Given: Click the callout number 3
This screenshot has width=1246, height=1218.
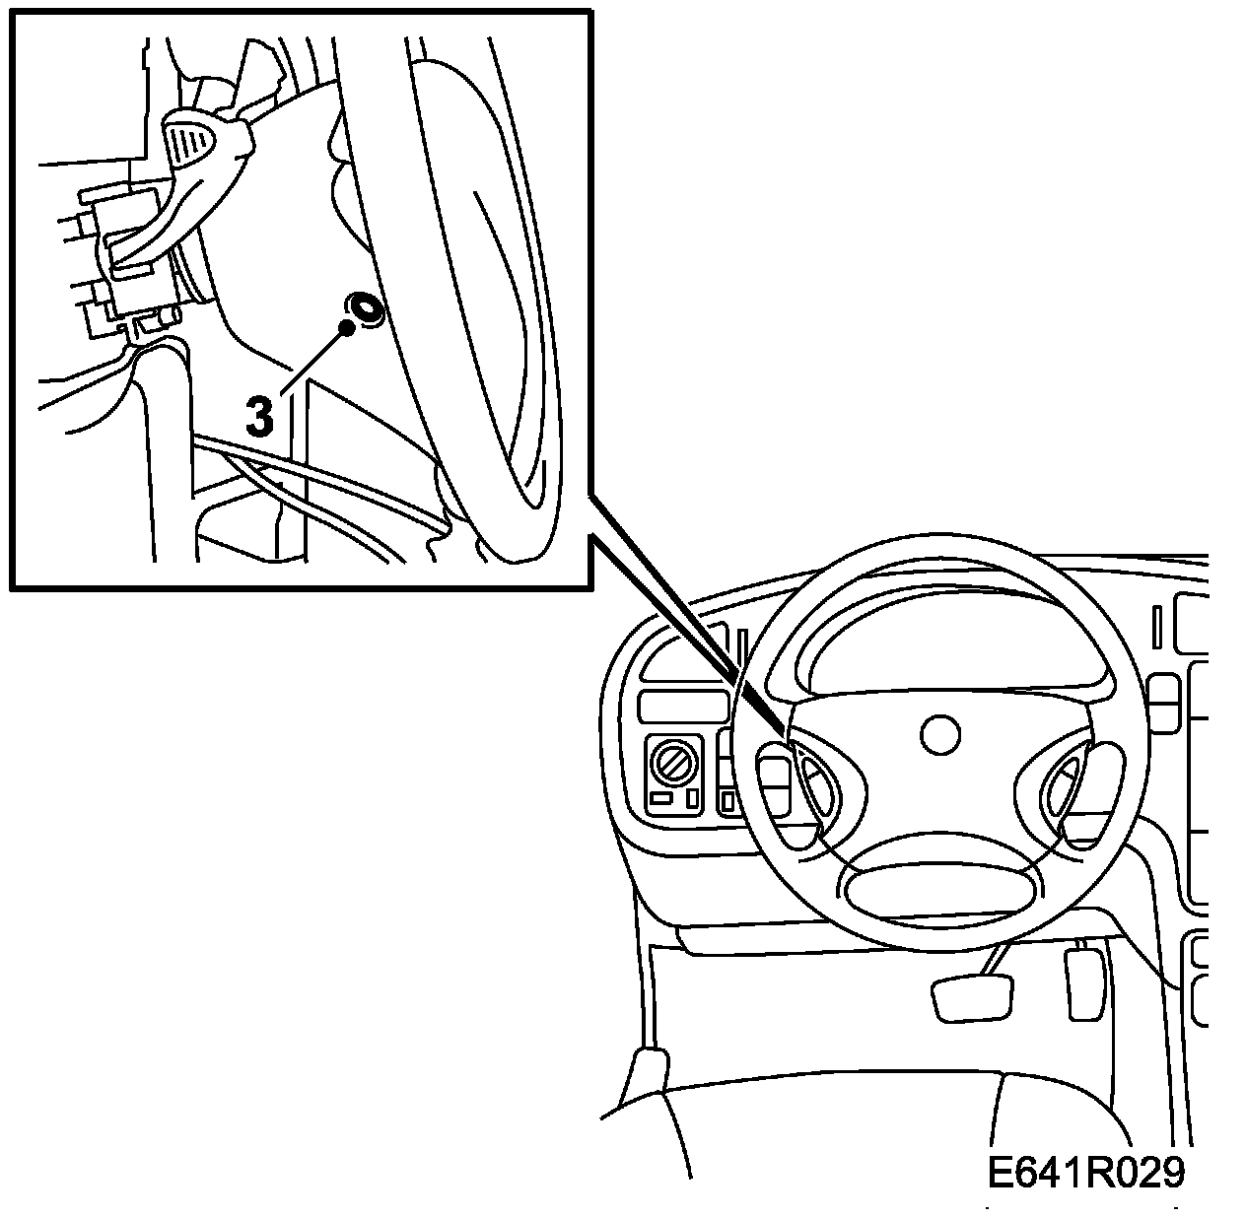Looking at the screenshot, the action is click(258, 416).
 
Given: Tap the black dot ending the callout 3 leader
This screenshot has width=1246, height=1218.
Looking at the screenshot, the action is click(346, 327).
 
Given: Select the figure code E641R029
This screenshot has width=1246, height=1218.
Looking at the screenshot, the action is click(1085, 1173).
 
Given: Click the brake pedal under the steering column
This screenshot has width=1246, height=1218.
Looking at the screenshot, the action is click(972, 997).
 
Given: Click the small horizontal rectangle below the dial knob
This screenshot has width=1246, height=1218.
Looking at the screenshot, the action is click(663, 798).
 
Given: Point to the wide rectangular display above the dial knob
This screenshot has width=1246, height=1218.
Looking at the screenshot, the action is click(681, 707).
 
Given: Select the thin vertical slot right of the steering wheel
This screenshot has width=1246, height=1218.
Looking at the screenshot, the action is click(1157, 627).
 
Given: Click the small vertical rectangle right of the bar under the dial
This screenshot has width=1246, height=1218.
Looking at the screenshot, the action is click(692, 796).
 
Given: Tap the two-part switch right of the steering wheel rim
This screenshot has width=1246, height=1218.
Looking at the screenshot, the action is click(1165, 703).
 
